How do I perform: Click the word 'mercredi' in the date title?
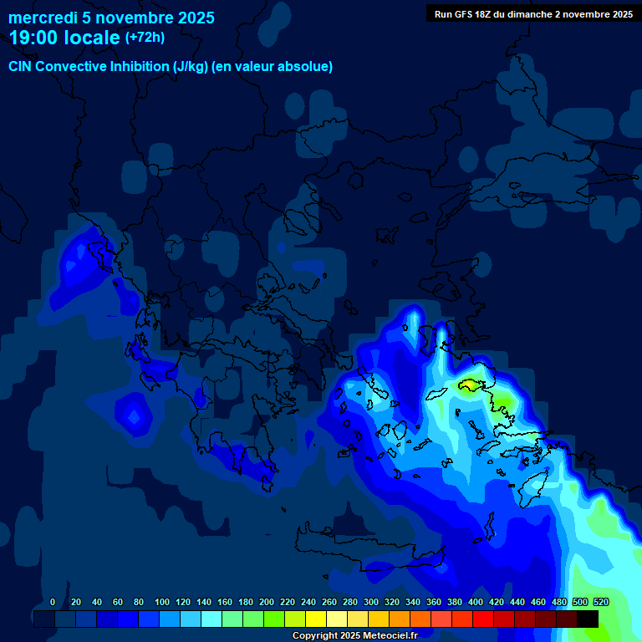pos(42,18)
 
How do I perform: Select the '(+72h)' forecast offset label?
pos(145,38)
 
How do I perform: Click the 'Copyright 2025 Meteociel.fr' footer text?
pos(354,635)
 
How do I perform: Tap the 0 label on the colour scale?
pos(53,602)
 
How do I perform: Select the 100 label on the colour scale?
pos(162,602)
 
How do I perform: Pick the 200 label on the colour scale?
pos(267,602)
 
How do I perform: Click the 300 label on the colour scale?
pos(371,602)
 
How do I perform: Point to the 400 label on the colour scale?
pos(476,602)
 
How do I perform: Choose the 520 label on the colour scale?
pos(600,602)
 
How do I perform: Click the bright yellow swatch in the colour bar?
pos(316,619)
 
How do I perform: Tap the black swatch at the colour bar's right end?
pos(587,619)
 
